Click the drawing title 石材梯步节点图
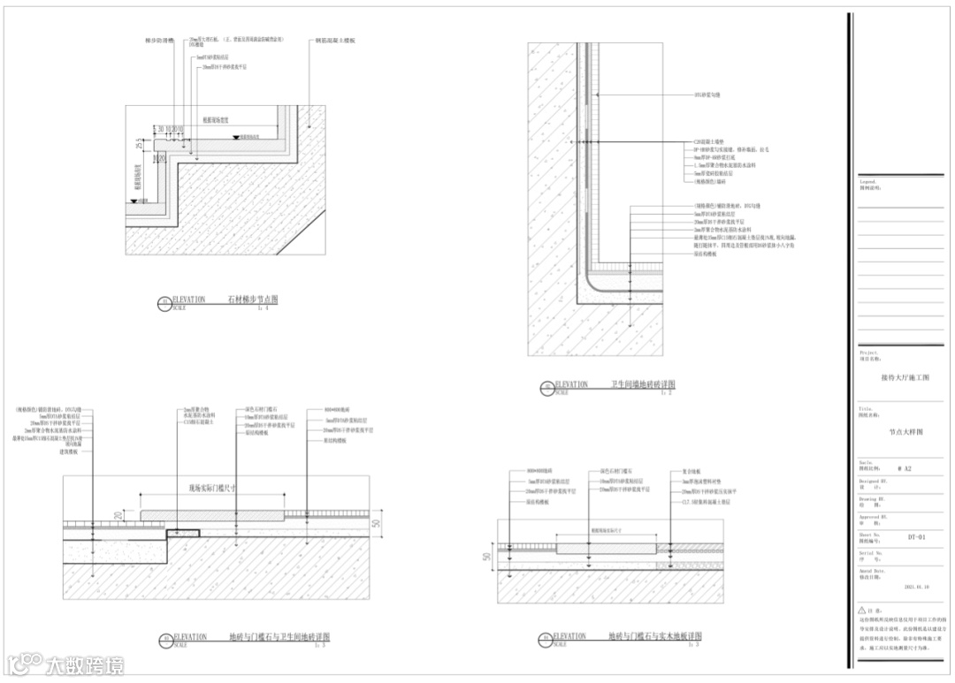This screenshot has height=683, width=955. tap(254, 300)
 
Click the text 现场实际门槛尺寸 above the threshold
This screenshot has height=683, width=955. tap(211, 487)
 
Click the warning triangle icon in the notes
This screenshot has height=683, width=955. tap(862, 610)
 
